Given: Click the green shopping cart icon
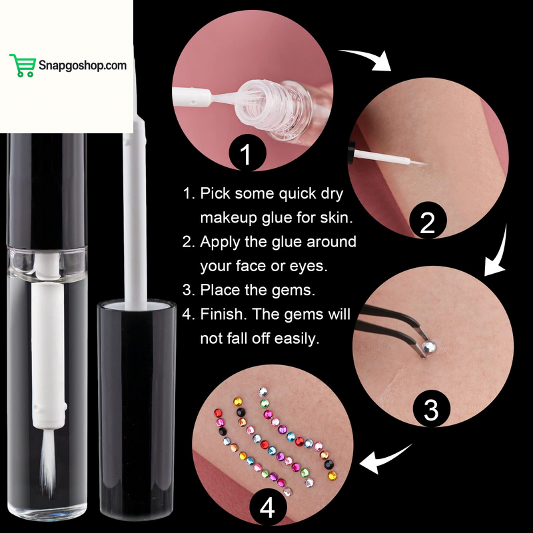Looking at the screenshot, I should pos(22,65).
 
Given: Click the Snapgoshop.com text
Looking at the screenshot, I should pos(82,65).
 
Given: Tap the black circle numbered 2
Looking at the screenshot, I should pos(427,223).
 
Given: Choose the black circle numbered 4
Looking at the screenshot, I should pos(267,508).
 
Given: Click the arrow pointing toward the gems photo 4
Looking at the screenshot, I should pos(386,460).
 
